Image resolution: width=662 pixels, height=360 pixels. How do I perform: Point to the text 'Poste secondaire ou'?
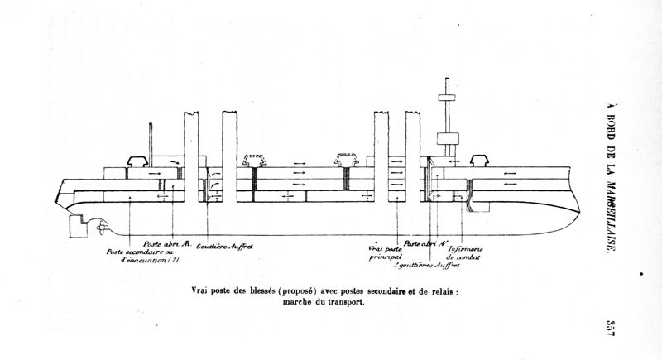pos(137,252)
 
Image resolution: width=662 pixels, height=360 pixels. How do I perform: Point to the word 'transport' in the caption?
pos(345,302)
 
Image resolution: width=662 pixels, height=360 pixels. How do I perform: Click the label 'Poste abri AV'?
pos(422,243)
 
